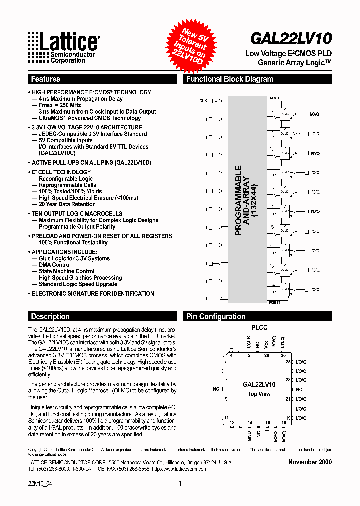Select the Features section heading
[x=45, y=79]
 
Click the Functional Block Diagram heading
[x=230, y=79]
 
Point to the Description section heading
[x=50, y=316]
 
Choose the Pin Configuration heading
[x=216, y=316]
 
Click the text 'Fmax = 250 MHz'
[x=60, y=105]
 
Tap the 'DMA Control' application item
[x=55, y=265]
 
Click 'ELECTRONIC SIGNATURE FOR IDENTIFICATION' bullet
[x=93, y=294]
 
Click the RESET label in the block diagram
[x=275, y=98]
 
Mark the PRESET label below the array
[x=274, y=303]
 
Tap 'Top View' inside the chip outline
[x=259, y=394]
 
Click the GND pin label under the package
[x=249, y=436]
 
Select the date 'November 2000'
[x=310, y=462]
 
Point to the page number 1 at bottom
[x=179, y=483]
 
